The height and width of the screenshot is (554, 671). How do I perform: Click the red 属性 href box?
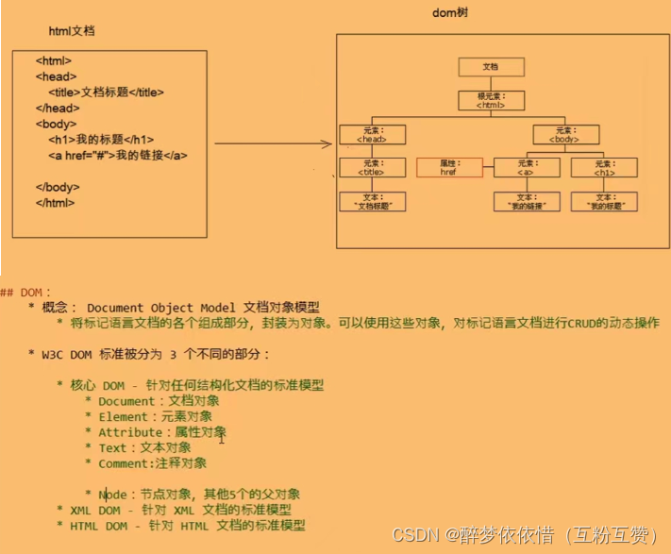(x=448, y=168)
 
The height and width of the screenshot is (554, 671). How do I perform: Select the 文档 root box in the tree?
(x=491, y=67)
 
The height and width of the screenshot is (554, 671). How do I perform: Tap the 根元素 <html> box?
(x=491, y=101)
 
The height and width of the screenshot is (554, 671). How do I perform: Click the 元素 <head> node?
(x=371, y=135)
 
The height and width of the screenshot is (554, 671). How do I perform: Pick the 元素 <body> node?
(x=565, y=135)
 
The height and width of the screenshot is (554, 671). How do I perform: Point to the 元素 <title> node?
(x=371, y=168)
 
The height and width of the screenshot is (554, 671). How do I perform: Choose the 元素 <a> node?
(x=526, y=168)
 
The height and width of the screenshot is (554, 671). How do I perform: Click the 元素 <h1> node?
(x=604, y=168)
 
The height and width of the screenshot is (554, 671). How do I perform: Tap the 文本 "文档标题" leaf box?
(x=371, y=201)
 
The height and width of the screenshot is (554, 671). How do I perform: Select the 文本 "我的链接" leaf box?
(x=526, y=201)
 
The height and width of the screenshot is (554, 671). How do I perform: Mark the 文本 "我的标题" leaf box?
(x=604, y=201)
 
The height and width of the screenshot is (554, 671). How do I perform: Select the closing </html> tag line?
(x=55, y=202)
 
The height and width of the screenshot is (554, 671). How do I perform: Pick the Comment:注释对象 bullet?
(x=152, y=463)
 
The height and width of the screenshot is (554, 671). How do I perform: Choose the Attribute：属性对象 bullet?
(x=161, y=432)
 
